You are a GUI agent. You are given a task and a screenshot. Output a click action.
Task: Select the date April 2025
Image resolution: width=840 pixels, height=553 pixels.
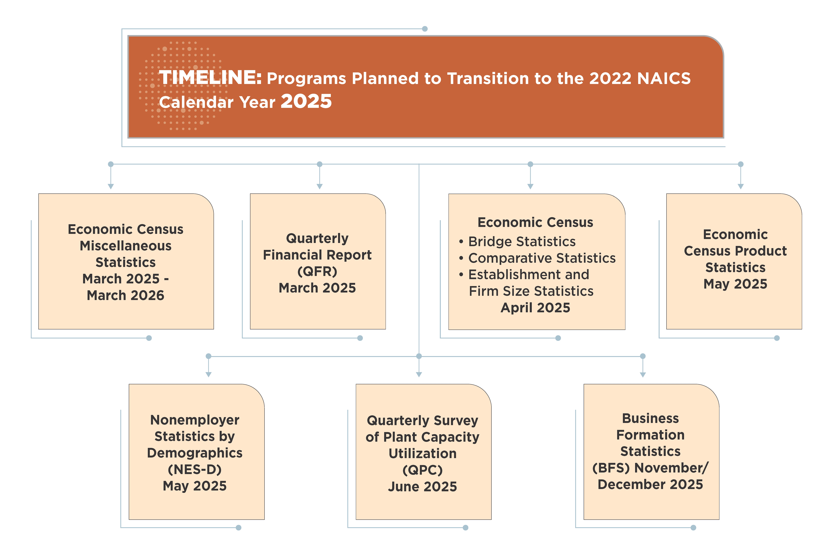click(x=535, y=308)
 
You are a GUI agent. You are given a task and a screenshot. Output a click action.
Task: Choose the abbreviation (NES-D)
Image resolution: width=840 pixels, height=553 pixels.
click(x=195, y=469)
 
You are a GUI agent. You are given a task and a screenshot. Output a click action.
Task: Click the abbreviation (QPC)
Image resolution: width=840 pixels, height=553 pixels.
click(x=423, y=470)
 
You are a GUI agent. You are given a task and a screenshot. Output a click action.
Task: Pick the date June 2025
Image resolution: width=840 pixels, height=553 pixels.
click(x=423, y=487)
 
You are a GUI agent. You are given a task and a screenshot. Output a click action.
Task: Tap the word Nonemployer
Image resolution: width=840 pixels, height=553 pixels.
click(x=195, y=420)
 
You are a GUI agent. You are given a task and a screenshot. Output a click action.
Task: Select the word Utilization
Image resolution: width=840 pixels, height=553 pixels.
click(x=423, y=453)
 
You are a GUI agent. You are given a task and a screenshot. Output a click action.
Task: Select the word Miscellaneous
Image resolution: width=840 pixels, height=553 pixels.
click(x=126, y=246)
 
